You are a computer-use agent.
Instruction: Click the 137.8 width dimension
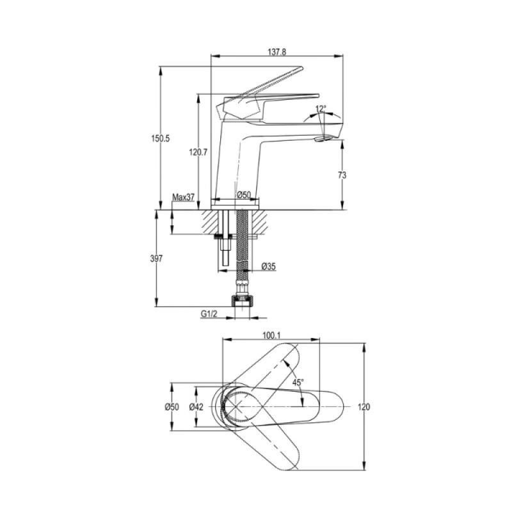coord(277,52)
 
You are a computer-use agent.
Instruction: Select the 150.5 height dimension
coord(161,138)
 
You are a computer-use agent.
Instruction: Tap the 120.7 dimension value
coord(198,152)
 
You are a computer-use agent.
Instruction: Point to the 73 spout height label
coord(342,175)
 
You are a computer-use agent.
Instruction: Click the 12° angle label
coord(321,108)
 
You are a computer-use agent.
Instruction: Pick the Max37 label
coord(183,197)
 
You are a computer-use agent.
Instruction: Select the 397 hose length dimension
coord(156,259)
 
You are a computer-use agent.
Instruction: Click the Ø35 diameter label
coord(268,266)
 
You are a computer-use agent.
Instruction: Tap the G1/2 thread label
coord(209,314)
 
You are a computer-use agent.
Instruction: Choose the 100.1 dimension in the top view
coord(271,335)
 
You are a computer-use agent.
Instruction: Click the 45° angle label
coord(298,382)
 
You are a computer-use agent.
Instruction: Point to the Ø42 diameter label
coord(196,407)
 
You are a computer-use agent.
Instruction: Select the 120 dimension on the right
coord(364,407)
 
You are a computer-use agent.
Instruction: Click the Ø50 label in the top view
coord(172,407)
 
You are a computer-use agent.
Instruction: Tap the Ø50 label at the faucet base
coord(244,195)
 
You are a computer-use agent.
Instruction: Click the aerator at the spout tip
coord(323,139)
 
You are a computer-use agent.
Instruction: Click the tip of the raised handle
coord(301,68)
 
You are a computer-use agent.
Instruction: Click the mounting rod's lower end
coord(226,264)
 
